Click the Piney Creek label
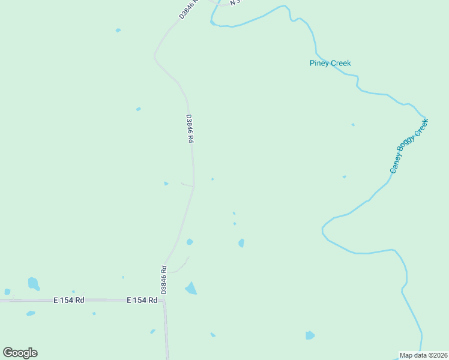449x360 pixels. pyautogui.click(x=330, y=63)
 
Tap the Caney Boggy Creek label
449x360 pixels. pyautogui.click(x=409, y=146)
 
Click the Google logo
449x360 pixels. pyautogui.click(x=20, y=353)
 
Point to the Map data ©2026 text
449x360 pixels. pyautogui.click(x=423, y=355)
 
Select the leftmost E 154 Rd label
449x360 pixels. pyautogui.click(x=68, y=300)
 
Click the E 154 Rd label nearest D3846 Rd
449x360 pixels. pyautogui.click(x=142, y=300)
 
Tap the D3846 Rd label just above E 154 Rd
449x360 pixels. pyautogui.click(x=164, y=280)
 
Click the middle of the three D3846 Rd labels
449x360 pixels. pyautogui.click(x=190, y=128)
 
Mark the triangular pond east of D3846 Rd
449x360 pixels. pyautogui.click(x=191, y=289)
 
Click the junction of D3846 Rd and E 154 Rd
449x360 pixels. pyautogui.click(x=163, y=299)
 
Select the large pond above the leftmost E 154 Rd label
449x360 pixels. pyautogui.click(x=33, y=283)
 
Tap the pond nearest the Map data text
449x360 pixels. pyautogui.click(x=310, y=335)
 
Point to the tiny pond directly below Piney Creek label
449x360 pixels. pyautogui.click(x=353, y=125)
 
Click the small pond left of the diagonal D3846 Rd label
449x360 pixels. pyautogui.click(x=118, y=30)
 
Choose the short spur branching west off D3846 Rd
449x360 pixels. pyautogui.click(x=187, y=185)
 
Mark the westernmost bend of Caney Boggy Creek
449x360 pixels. pyautogui.click(x=323, y=229)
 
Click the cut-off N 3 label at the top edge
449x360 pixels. pyautogui.click(x=235, y=2)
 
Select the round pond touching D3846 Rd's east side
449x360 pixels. pyautogui.click(x=190, y=242)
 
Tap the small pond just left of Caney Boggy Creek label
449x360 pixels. pyautogui.click(x=344, y=177)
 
